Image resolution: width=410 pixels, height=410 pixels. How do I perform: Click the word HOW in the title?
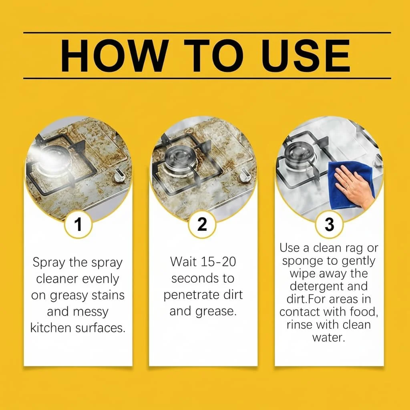coord(113,56)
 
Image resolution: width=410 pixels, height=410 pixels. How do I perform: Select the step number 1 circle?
coord(78,224)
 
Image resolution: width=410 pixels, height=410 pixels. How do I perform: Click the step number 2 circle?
coord(202,224)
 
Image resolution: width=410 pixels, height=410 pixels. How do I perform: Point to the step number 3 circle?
coord(329,224)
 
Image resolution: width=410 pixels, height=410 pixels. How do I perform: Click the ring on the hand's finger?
coord(346,186)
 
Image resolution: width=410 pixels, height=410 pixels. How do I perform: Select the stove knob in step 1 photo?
coord(119,176)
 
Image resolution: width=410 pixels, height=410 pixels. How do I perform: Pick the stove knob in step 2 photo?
coord(245,175)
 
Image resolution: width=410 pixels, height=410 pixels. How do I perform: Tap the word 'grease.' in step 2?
coord(216,312)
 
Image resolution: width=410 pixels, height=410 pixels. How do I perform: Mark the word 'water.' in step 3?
coord(329,337)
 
